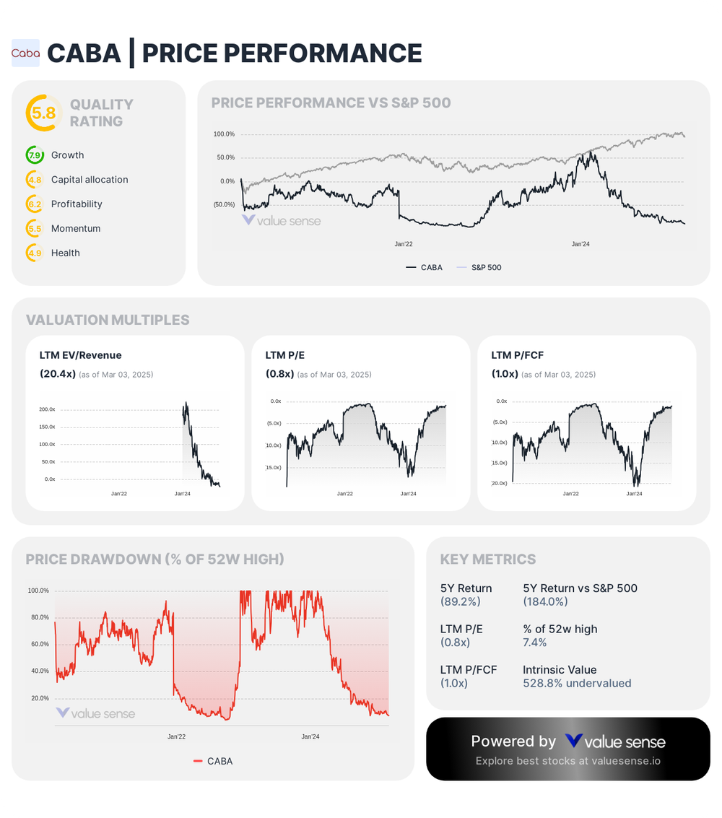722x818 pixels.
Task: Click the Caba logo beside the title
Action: (x=25, y=53)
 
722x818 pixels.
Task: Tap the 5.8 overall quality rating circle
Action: (x=41, y=113)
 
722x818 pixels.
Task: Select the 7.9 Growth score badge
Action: (x=34, y=155)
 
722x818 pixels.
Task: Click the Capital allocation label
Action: (x=90, y=180)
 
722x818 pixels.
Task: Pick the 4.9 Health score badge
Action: (x=34, y=253)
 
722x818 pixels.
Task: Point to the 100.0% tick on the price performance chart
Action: (x=224, y=134)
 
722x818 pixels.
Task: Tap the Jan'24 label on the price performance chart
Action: (x=580, y=245)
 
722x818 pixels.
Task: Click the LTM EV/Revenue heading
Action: (x=80, y=355)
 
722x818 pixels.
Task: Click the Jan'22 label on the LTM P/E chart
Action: (x=345, y=494)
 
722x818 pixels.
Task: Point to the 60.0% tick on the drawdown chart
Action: (x=39, y=644)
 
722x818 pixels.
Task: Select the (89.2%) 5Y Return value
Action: (x=460, y=601)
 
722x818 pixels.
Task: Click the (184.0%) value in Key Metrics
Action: (x=545, y=601)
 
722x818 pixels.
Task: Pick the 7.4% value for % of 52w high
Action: (x=534, y=643)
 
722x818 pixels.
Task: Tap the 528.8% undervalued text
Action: (x=577, y=683)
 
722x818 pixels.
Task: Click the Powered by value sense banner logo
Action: (x=615, y=741)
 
